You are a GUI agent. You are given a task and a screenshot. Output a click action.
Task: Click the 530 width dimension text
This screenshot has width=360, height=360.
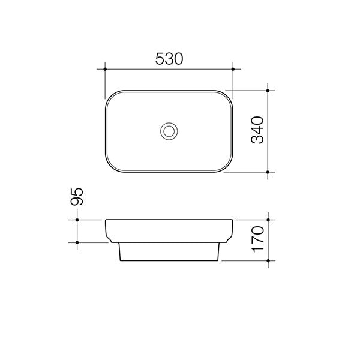[169, 59]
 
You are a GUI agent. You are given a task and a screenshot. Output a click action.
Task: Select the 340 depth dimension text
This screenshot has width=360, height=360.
[257, 131]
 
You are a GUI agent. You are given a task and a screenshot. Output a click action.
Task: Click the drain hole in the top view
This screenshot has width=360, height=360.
[169, 131]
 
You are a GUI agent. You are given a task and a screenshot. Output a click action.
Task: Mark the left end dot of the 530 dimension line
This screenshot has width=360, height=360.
[105, 70]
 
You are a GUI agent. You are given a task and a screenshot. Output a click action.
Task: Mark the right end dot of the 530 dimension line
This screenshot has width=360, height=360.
[233, 70]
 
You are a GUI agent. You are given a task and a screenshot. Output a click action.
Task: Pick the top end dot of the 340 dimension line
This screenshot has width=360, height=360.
[268, 91]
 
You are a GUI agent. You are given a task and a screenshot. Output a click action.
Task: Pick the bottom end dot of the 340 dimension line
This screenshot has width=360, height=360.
[268, 172]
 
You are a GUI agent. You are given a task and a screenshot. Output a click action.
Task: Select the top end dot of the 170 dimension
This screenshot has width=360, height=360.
[268, 220]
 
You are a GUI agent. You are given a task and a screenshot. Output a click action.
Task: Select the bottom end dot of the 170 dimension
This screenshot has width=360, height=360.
[268, 262]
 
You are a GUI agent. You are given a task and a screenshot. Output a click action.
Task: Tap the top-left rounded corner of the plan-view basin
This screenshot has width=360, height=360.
[110, 96]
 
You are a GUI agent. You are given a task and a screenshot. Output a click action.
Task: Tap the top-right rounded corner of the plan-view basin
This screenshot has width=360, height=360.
[227, 96]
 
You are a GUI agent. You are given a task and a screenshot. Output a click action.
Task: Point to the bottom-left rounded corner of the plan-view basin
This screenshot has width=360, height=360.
[110, 167]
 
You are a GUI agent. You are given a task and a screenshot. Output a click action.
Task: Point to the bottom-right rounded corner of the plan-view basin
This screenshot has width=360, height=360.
[227, 167]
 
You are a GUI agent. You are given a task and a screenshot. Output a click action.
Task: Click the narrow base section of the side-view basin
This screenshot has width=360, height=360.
[169, 253]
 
